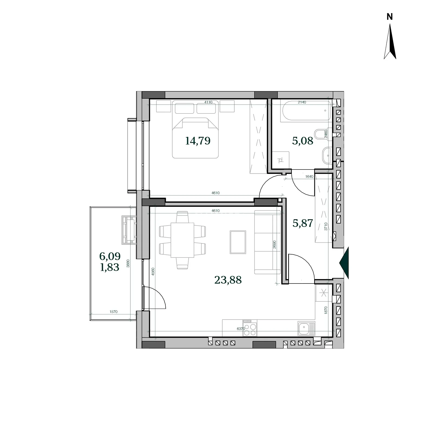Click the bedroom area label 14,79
[x=198, y=141]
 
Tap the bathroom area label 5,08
[x=303, y=141]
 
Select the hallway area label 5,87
[x=303, y=223]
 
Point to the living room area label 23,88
[x=228, y=280]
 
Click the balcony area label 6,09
[x=110, y=256]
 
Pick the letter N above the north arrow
[x=390, y=17]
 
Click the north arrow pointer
[x=390, y=41]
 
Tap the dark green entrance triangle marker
[x=344, y=263]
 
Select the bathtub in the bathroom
[x=306, y=110]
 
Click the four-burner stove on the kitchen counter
[x=250, y=328]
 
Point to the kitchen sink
[x=306, y=328]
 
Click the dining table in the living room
[x=182, y=240]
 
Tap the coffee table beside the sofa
[x=238, y=242]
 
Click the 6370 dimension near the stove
[x=241, y=329]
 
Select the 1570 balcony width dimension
[x=114, y=312]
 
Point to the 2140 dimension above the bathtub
[x=302, y=102]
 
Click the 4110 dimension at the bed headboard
[x=208, y=102]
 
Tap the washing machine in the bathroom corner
[x=281, y=160]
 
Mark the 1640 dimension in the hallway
[x=309, y=177]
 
